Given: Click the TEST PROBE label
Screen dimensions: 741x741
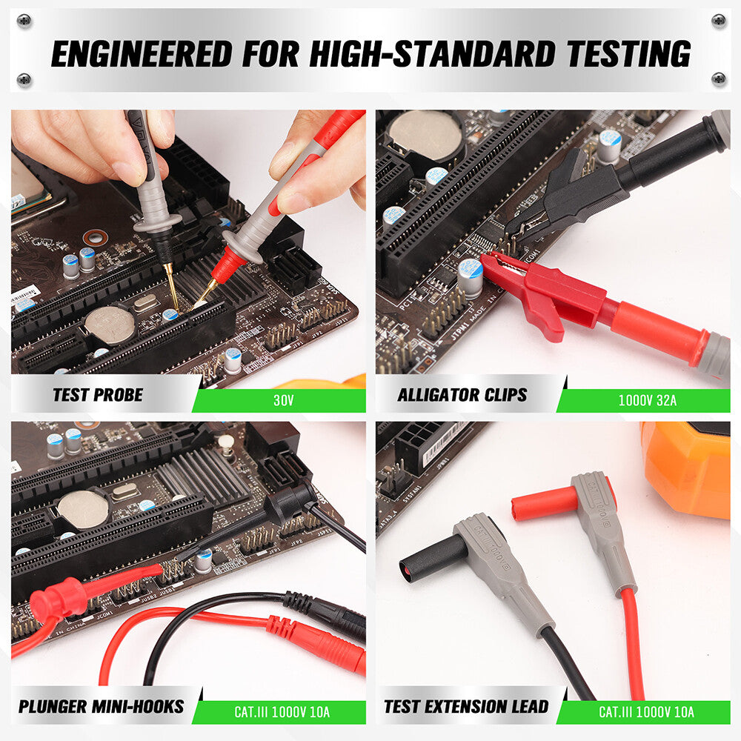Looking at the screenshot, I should (97, 395).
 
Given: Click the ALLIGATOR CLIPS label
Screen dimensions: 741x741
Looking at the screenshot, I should (462, 395).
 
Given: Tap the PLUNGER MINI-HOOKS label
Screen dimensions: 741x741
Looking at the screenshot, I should (102, 706).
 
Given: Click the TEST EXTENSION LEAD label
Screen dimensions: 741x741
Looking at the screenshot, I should (466, 706).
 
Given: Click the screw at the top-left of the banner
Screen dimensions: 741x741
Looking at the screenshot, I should (24, 20).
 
